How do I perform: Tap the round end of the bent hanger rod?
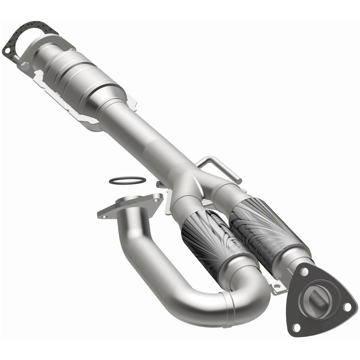click(x=239, y=180)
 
